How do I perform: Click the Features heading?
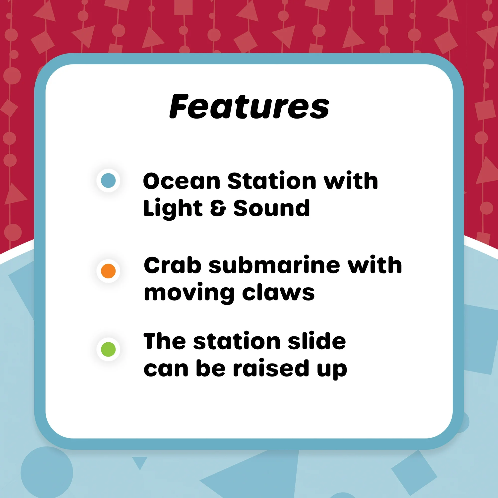tap(249, 107)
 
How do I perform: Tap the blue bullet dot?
tap(108, 181)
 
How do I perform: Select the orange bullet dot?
tap(108, 271)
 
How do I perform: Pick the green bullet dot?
tap(108, 349)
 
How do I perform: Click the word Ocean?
tap(182, 181)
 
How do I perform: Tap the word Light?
tap(173, 208)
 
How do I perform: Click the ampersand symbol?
tap(218, 208)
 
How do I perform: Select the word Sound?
tap(271, 208)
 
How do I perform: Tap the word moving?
tap(189, 294)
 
